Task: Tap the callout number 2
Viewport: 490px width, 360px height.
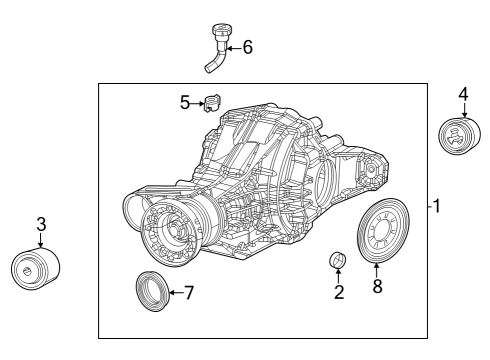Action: (339, 292)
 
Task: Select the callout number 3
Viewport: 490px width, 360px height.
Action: (40, 224)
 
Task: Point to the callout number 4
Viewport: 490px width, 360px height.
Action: (463, 95)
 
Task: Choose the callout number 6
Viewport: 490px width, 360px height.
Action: (248, 46)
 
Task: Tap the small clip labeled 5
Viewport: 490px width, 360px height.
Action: (211, 101)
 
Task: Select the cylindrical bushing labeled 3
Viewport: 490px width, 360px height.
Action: (35, 268)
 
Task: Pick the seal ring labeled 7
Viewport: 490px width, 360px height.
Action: (152, 290)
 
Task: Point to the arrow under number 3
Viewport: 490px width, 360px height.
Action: (40, 240)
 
